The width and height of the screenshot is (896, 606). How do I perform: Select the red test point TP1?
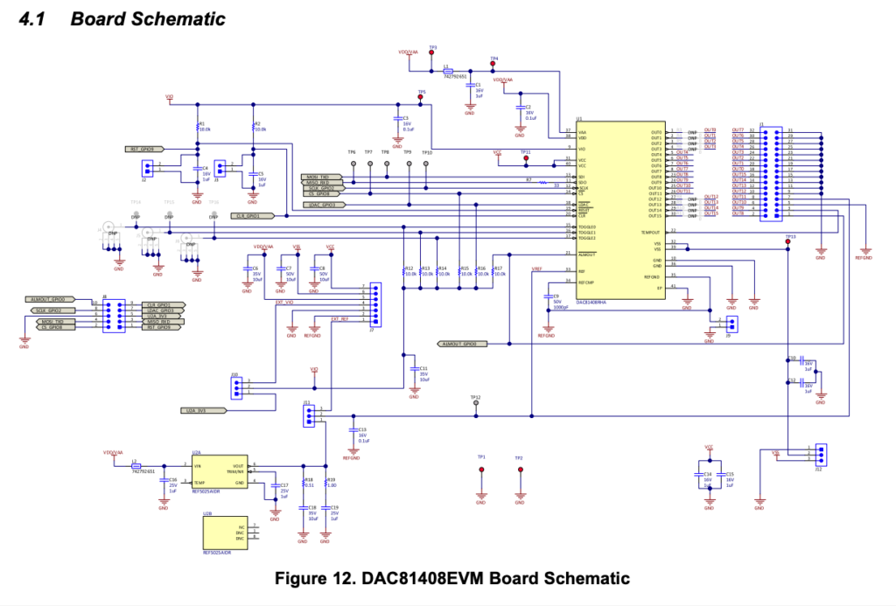480,470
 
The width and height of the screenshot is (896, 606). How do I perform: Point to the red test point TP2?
519,470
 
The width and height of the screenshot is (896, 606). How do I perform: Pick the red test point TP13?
788,241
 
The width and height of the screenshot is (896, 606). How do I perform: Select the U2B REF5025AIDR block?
224,533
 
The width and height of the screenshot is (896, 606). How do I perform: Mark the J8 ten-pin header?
113,315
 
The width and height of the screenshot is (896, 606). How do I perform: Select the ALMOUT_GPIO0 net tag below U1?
458,345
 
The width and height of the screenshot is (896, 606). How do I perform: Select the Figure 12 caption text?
451,578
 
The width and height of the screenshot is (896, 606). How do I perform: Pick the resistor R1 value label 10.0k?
206,129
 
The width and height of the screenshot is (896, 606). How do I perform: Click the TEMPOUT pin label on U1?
651,233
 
